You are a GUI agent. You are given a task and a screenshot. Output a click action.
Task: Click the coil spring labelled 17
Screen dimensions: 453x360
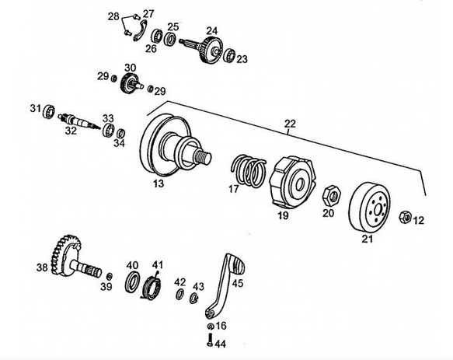(249, 170)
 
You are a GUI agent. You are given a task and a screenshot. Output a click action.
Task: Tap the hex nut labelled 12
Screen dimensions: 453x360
(405, 217)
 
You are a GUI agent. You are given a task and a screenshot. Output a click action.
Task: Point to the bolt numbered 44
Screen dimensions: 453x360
(210, 340)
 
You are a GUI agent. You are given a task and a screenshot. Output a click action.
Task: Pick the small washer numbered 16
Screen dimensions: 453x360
(211, 326)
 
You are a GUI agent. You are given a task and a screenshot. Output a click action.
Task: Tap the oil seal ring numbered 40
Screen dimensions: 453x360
(132, 281)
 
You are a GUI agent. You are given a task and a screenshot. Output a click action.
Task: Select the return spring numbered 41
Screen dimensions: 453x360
(152, 287)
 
